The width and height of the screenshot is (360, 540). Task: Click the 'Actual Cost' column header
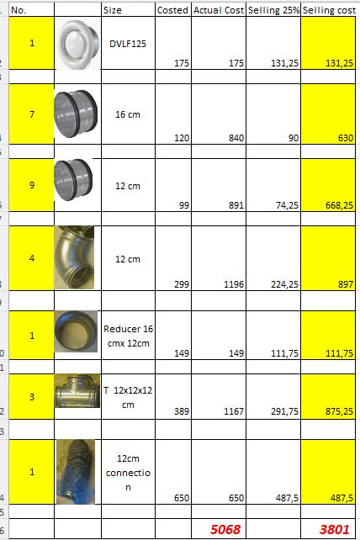(x=219, y=10)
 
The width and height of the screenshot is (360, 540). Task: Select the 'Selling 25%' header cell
(x=273, y=10)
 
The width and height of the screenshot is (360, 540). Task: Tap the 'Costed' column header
(x=172, y=10)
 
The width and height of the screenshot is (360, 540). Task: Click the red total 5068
(x=225, y=529)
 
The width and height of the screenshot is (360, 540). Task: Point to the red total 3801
(x=334, y=529)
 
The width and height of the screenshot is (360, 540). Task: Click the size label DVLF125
(x=128, y=44)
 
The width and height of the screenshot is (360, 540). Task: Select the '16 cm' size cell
(x=128, y=114)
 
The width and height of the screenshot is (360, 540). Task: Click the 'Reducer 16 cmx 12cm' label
(x=128, y=336)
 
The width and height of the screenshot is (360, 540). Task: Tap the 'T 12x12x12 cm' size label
(x=128, y=397)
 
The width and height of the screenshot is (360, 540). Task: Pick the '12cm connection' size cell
(x=128, y=473)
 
